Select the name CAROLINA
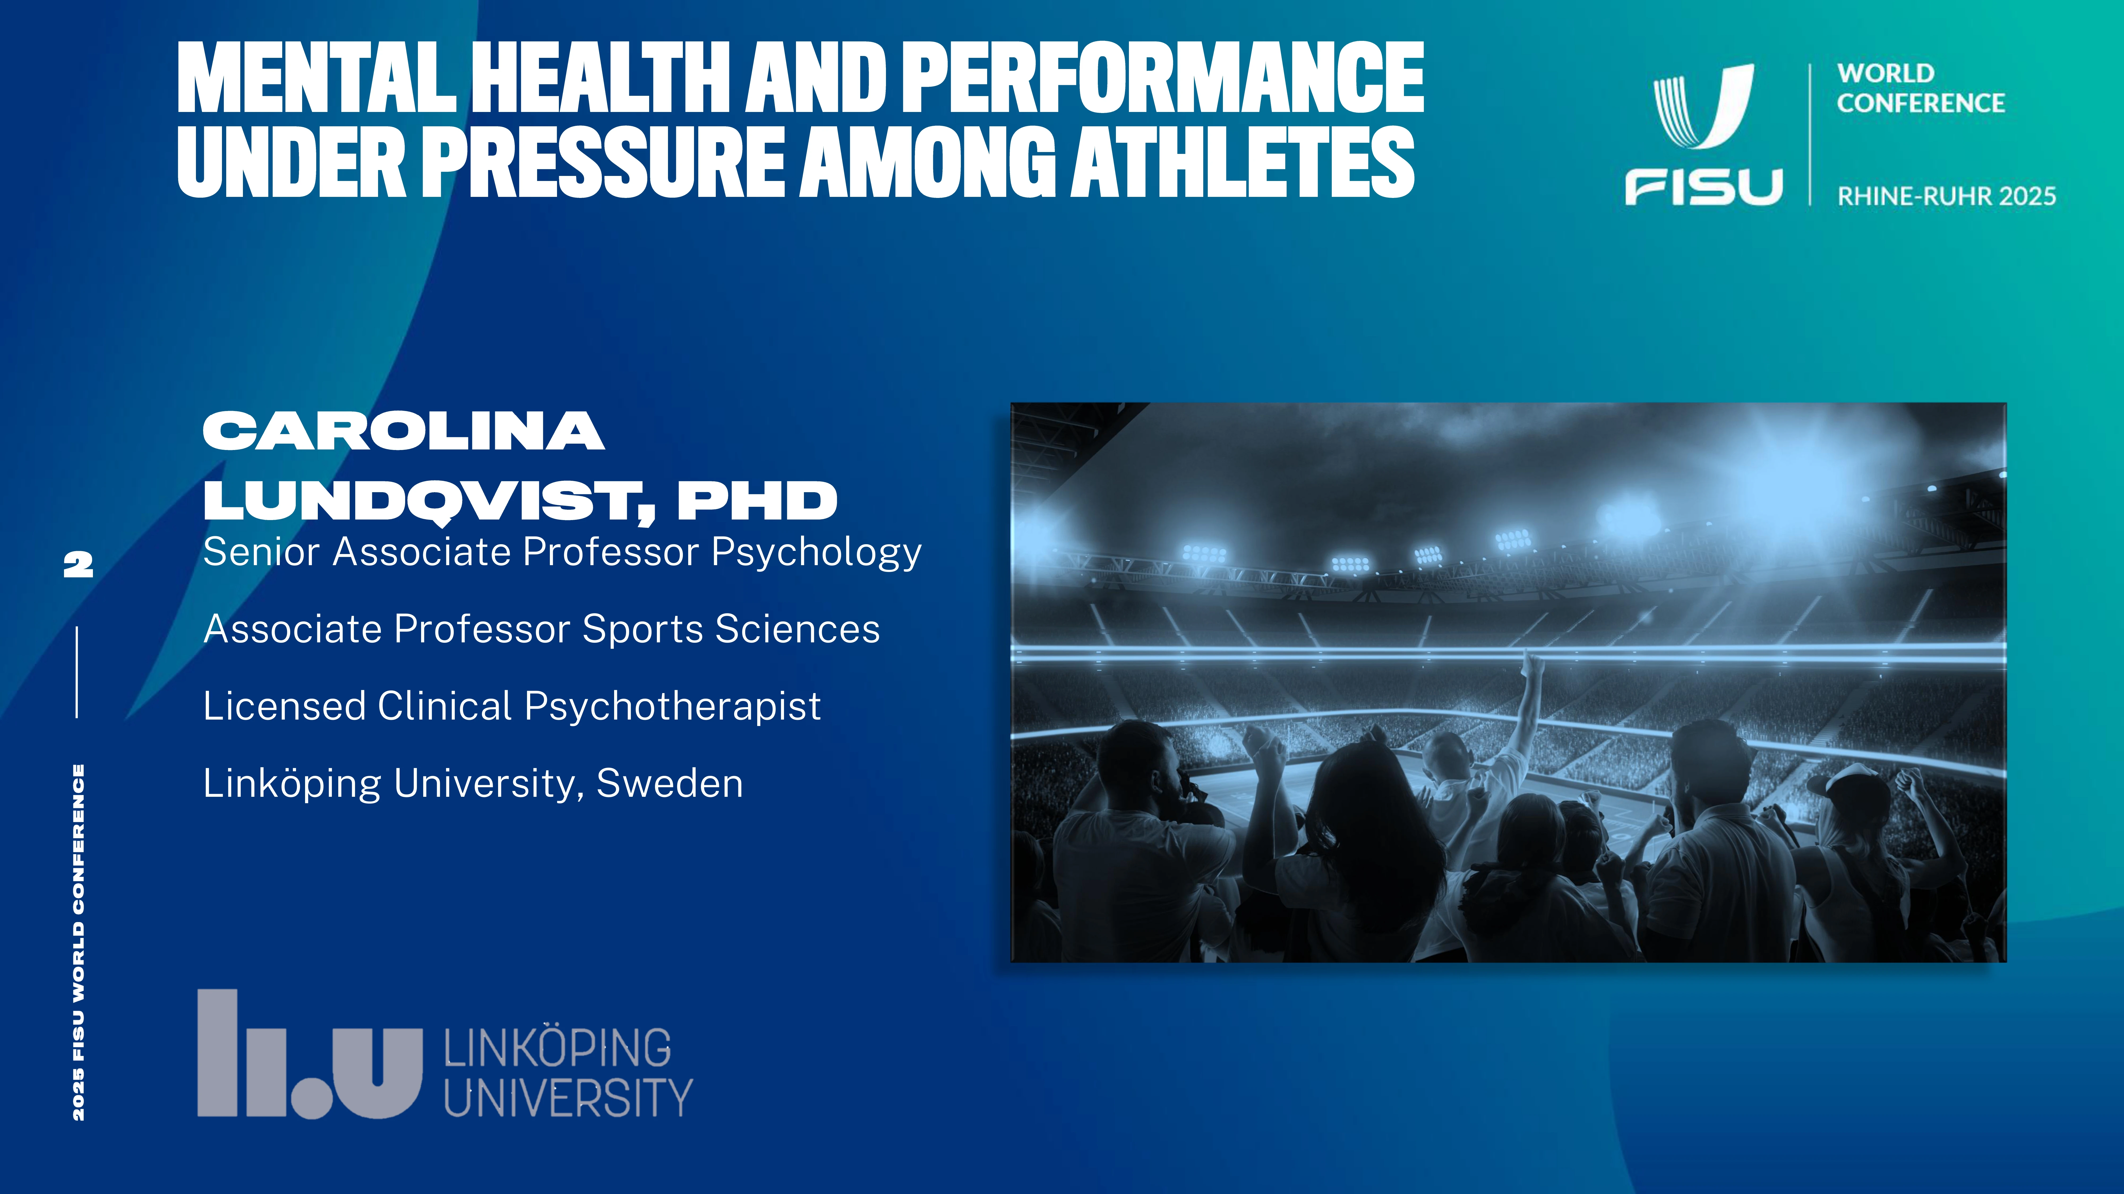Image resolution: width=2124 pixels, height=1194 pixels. click(x=404, y=431)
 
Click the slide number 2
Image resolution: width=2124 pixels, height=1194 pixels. click(x=78, y=564)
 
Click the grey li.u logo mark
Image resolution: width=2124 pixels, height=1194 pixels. click(x=309, y=1054)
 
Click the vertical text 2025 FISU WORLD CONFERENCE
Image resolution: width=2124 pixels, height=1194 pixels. click(x=78, y=942)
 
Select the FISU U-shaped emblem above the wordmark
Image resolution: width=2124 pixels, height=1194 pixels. click(x=1703, y=106)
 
